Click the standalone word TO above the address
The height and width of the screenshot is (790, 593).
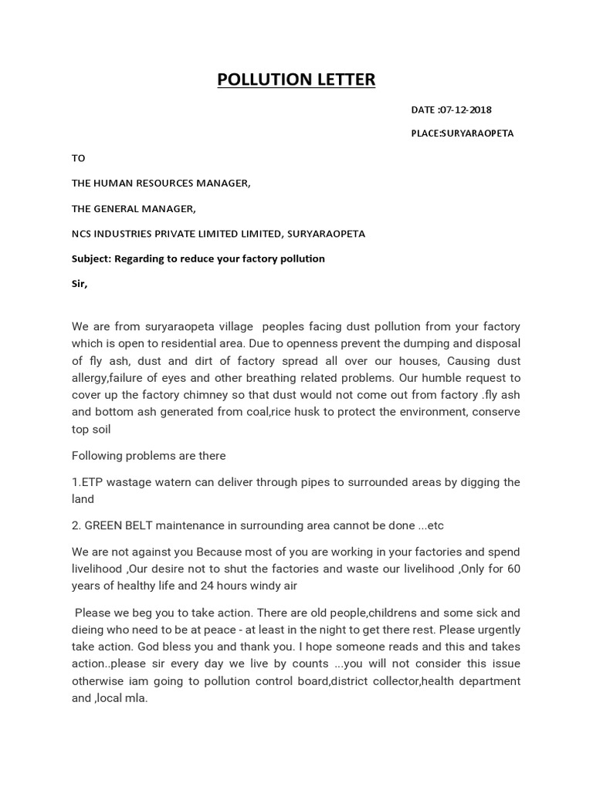tap(78, 158)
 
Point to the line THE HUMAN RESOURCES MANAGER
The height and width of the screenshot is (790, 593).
tap(161, 184)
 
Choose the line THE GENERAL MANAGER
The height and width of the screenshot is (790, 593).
tap(134, 208)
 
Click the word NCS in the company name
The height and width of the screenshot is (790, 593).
tap(82, 234)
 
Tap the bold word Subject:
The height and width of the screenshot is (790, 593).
tap(91, 258)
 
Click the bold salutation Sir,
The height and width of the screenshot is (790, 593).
tap(80, 283)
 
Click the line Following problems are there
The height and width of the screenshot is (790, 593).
tap(148, 455)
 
